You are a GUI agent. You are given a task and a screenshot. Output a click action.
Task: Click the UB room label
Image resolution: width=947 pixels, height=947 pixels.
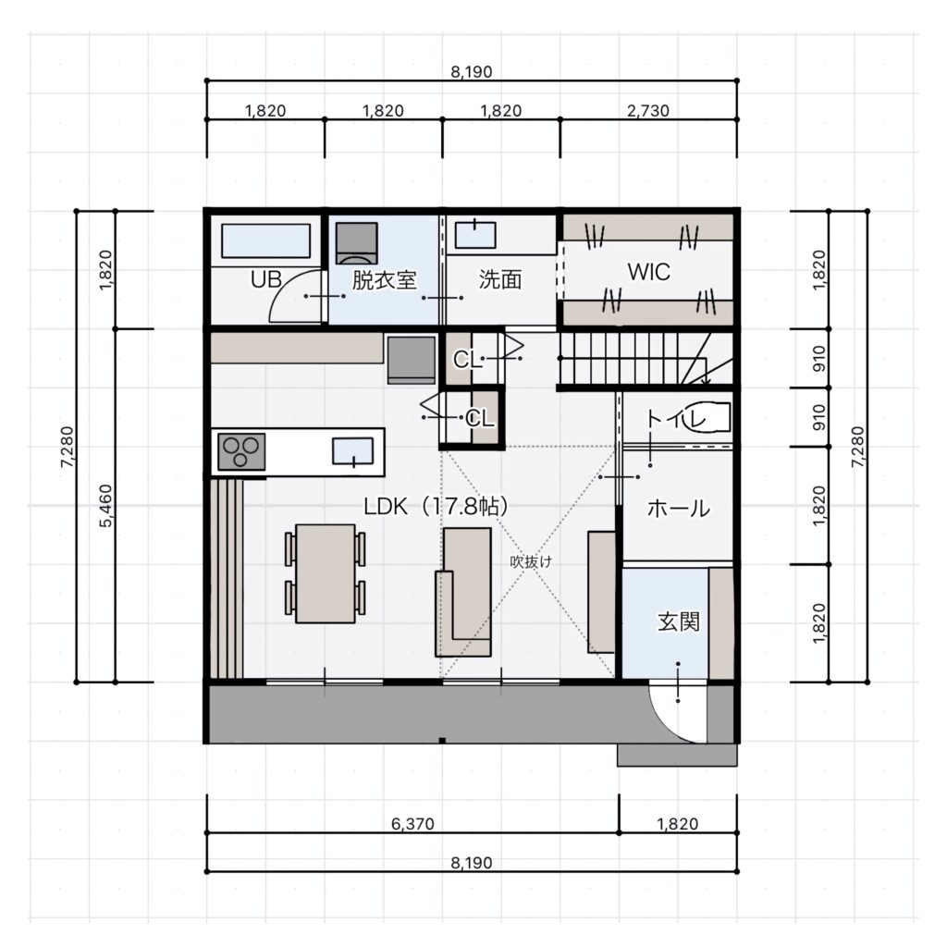(x=265, y=279)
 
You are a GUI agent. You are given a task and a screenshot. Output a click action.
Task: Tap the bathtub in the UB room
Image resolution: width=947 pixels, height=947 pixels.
(x=265, y=241)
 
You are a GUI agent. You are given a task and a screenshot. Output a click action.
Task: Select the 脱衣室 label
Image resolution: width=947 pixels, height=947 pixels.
(x=384, y=280)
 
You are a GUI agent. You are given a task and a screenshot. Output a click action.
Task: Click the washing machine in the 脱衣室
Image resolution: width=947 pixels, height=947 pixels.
(x=356, y=243)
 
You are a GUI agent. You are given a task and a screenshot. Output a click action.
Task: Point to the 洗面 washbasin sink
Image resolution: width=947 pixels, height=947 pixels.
(x=475, y=234)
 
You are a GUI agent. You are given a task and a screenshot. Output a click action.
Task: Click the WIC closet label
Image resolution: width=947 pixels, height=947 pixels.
(x=648, y=272)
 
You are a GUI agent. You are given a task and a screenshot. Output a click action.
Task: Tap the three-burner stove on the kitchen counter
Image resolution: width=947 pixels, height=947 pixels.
(x=241, y=451)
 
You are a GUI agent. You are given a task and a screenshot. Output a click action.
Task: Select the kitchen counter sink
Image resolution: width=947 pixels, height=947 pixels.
(x=352, y=451)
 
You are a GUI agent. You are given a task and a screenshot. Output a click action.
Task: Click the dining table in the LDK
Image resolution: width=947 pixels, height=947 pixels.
(x=325, y=573)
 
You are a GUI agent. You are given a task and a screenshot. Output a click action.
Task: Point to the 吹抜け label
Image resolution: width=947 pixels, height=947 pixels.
(x=531, y=561)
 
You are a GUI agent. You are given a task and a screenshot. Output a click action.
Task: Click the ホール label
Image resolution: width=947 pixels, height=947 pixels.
(x=678, y=509)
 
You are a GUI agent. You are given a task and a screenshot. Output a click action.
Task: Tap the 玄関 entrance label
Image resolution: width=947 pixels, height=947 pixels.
(x=678, y=621)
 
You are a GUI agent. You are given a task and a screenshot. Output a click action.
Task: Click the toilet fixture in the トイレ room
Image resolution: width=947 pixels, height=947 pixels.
(x=706, y=416)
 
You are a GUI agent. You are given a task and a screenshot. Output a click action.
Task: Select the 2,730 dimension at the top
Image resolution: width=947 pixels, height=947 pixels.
(x=648, y=111)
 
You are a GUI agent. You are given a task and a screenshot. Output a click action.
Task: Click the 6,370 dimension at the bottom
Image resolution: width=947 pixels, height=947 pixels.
(x=412, y=824)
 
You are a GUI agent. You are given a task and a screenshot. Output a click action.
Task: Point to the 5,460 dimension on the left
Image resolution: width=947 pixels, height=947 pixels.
(x=105, y=506)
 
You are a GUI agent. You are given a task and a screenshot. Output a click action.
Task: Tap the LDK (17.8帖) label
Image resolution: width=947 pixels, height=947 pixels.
(x=437, y=506)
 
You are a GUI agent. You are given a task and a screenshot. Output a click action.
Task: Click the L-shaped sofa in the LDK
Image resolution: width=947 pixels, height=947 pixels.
(x=463, y=592)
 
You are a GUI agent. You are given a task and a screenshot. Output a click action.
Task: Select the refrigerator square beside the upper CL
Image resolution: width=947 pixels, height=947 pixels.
(x=412, y=360)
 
